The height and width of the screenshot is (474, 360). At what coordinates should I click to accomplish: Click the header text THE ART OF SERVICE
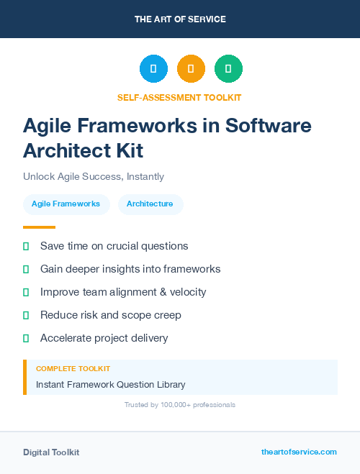(x=180, y=19)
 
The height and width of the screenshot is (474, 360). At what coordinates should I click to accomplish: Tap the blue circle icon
(x=153, y=69)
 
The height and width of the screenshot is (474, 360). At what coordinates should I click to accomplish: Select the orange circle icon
(x=191, y=69)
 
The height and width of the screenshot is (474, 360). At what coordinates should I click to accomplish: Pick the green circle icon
(x=228, y=69)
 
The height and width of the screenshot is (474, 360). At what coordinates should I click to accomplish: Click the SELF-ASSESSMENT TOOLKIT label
(x=179, y=97)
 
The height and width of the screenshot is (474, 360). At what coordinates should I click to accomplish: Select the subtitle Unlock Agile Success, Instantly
(x=94, y=176)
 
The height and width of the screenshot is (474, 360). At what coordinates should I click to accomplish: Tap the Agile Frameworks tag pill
(x=66, y=204)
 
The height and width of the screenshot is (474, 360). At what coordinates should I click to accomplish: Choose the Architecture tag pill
(x=150, y=204)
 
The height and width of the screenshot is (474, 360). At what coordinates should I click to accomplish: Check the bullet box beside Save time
(x=26, y=246)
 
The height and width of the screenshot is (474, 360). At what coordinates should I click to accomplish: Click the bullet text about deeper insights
(x=130, y=269)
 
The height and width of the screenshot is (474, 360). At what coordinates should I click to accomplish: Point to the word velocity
(x=186, y=292)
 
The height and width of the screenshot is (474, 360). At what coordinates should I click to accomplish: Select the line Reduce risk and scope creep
(x=111, y=315)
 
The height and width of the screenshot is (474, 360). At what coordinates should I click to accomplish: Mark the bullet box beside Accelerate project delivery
(x=26, y=338)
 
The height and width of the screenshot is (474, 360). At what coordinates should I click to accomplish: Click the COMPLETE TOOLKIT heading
(x=73, y=368)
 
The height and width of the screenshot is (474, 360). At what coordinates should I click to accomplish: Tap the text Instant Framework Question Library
(x=111, y=385)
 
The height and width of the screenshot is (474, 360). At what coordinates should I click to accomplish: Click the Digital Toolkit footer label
(x=51, y=452)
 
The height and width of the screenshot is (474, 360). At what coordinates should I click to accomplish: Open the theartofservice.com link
(x=299, y=452)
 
